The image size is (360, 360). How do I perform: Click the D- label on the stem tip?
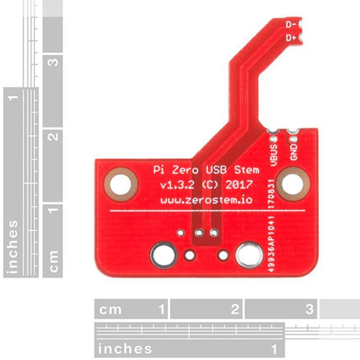click(x=291, y=24)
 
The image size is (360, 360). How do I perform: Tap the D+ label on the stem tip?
click(x=291, y=38)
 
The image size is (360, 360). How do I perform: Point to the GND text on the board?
click(x=294, y=152)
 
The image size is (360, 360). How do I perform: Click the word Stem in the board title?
click(x=247, y=170)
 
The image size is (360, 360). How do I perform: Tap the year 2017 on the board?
click(x=239, y=185)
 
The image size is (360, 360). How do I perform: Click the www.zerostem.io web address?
click(x=206, y=200)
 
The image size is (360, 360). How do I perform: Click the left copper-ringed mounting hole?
click(x=121, y=184)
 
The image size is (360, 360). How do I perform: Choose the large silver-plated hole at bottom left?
click(x=164, y=255)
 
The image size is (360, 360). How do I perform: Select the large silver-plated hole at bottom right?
click(x=249, y=255)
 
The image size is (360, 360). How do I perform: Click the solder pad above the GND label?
click(x=293, y=138)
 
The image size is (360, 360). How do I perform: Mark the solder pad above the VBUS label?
click(x=274, y=138)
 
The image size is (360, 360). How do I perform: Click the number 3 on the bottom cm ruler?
click(x=309, y=309)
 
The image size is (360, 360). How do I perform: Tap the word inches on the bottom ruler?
click(x=125, y=348)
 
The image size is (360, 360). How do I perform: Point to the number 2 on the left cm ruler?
click(x=53, y=137)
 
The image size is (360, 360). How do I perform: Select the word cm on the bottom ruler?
click(x=111, y=309)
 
